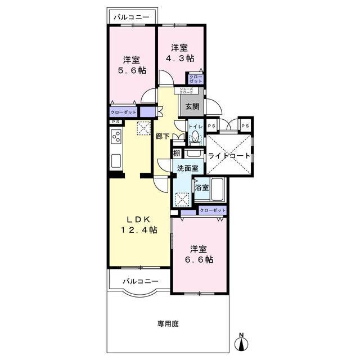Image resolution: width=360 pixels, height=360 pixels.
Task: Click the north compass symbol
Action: (241, 343)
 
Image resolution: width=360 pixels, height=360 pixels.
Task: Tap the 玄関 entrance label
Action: (192, 106)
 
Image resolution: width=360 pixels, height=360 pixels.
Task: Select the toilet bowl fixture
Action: (195, 137)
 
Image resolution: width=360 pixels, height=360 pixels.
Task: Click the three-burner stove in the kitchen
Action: (116, 136)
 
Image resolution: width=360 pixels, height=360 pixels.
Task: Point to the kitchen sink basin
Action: (116, 161)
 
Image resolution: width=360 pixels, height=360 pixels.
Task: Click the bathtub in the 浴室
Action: (217, 190)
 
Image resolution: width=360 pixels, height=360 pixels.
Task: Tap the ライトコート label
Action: (229, 156)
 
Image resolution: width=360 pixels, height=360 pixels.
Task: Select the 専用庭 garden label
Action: (168, 324)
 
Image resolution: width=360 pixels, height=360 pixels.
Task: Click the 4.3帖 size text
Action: (180, 58)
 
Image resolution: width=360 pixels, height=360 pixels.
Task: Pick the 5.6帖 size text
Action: (132, 70)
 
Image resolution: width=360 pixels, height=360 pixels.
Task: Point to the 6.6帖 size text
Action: (199, 260)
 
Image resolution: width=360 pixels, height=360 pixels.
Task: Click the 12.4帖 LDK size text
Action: (139, 229)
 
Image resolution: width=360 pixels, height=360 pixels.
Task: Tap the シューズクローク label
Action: (186, 91)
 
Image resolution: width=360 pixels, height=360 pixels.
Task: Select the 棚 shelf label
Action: (177, 153)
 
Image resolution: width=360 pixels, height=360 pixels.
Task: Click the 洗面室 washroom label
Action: (188, 168)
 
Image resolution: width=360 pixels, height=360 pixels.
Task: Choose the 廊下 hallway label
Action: (163, 136)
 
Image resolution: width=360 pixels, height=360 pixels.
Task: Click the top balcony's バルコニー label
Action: (132, 17)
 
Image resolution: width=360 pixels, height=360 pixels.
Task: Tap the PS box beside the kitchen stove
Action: (116, 122)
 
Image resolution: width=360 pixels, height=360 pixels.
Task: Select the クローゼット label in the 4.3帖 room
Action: (196, 79)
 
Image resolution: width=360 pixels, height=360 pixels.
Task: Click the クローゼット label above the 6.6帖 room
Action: (213, 210)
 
